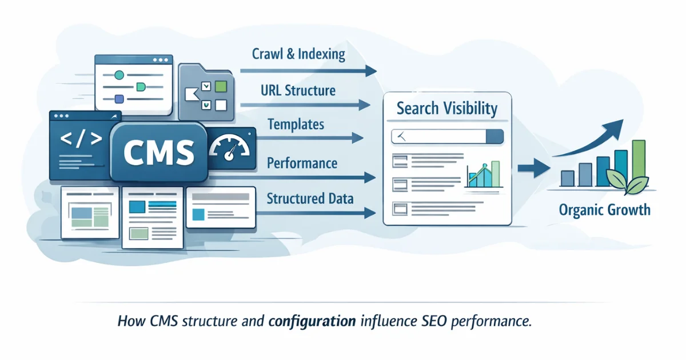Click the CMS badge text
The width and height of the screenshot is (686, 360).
click(158, 152)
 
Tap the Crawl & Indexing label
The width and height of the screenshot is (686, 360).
click(298, 55)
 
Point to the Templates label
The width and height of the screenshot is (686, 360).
click(296, 124)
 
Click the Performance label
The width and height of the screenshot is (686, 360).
click(302, 163)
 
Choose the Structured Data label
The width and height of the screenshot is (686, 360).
click(310, 199)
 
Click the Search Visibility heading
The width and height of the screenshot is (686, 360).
click(447, 109)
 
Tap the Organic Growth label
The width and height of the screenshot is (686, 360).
click(605, 210)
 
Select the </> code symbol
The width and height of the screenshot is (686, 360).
click(81, 139)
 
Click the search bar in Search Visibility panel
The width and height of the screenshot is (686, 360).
click(447, 136)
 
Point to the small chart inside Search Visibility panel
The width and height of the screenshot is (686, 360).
click(483, 174)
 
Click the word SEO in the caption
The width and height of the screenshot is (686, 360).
click(432, 321)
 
